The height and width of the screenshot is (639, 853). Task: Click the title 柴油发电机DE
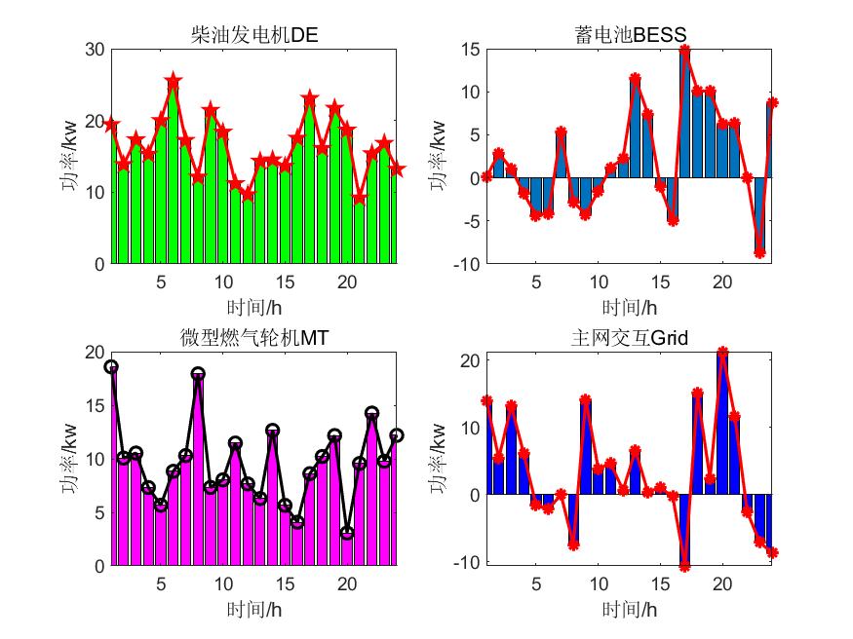coord(253,36)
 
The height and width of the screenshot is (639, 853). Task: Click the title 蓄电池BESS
coord(631,36)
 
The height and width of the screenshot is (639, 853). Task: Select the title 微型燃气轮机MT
coord(253,338)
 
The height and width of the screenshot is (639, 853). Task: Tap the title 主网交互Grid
coord(630,338)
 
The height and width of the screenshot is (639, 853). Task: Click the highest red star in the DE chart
coord(174,82)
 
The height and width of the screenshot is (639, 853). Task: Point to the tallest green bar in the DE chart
coord(174,175)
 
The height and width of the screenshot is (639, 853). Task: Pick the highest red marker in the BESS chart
coord(685,51)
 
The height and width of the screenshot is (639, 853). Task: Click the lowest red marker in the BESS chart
coord(759,252)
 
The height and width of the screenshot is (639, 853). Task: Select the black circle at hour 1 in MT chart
coord(111,367)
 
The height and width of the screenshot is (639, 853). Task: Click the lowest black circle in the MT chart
coord(347,533)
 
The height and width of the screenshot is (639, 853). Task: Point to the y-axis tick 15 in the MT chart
coord(93,405)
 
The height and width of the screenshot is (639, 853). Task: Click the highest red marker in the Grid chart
coord(722,352)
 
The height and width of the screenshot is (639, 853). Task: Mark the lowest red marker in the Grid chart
coord(685,566)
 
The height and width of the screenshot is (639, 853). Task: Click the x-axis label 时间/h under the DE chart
coord(253,308)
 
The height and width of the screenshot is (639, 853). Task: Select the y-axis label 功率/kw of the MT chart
coord(70,459)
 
